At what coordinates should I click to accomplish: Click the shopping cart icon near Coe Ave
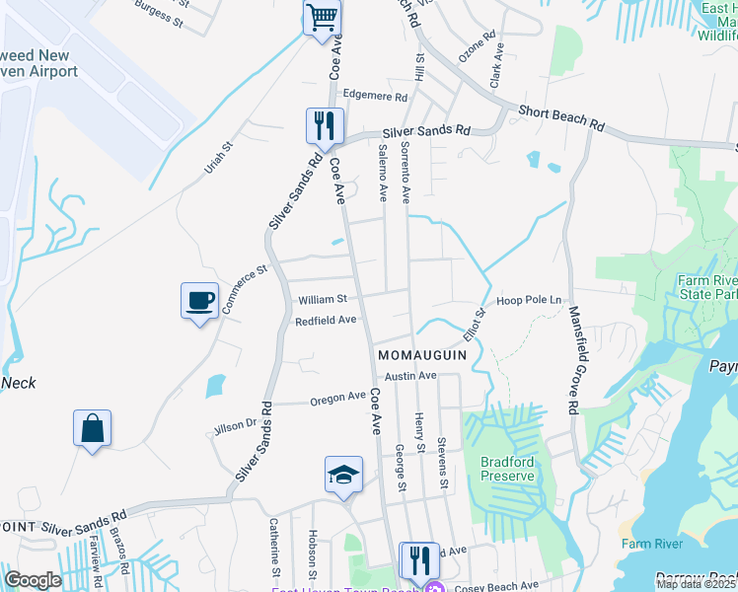[x=323, y=18]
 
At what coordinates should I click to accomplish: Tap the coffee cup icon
[x=199, y=300]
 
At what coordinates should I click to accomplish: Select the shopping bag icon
[x=92, y=428]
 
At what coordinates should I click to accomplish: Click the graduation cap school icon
[x=344, y=475]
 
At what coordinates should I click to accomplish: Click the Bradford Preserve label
[x=507, y=469]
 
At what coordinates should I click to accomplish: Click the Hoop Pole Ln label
[x=529, y=300]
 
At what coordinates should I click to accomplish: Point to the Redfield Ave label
[x=326, y=321]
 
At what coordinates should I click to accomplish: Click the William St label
[x=322, y=299]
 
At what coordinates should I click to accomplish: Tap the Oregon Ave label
[x=337, y=399]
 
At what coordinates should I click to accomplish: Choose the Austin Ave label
[x=410, y=376]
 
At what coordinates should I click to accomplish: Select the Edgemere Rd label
[x=374, y=97]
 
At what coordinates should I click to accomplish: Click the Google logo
[x=33, y=580]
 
